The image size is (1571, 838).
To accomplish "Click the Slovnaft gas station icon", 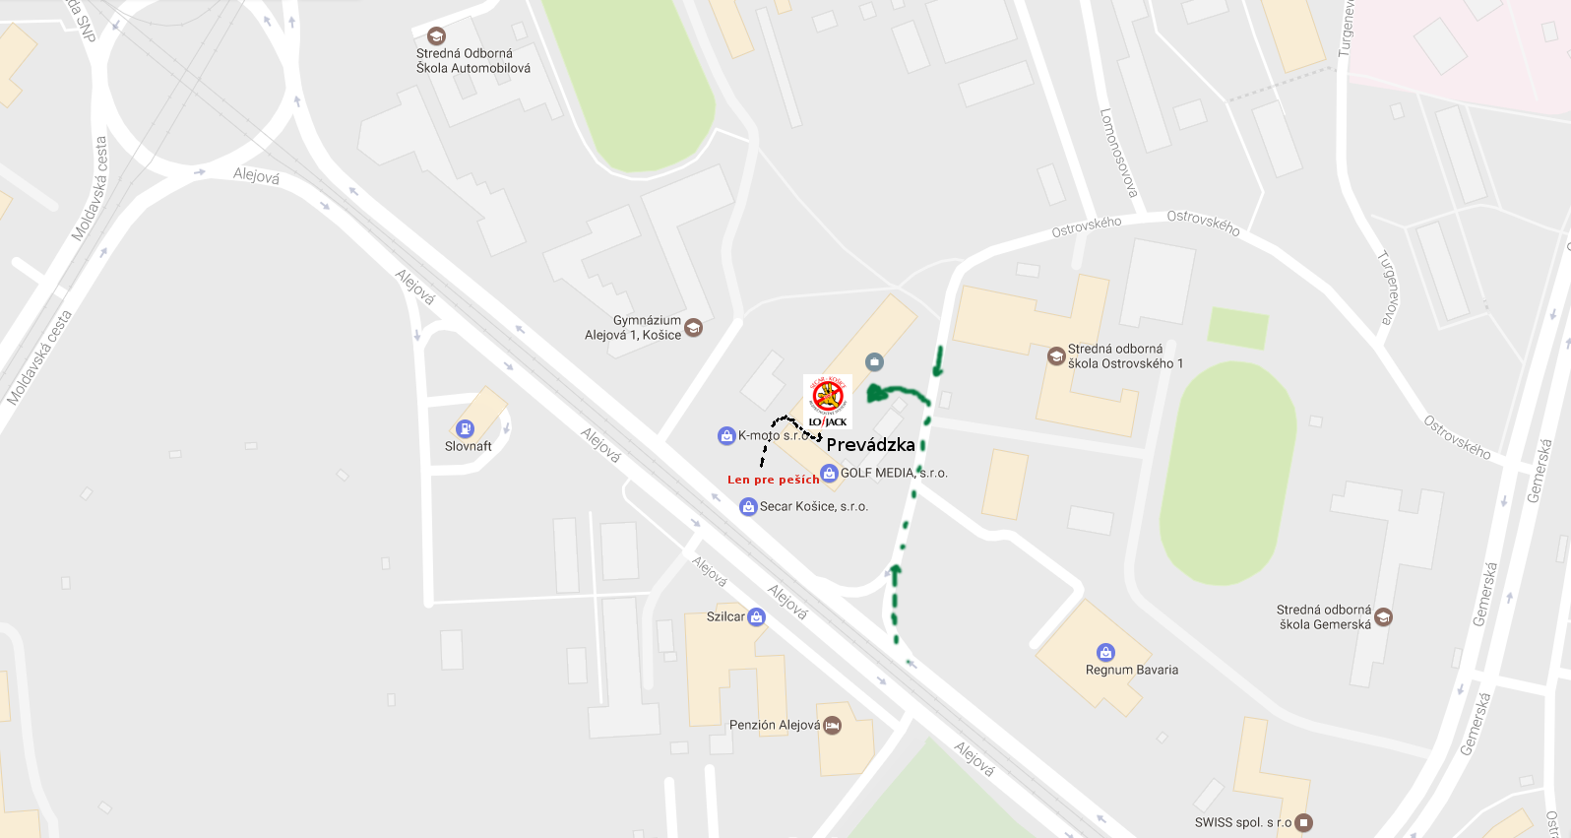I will pos(465,428).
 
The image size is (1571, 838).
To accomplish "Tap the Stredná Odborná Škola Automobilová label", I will pos(472,61).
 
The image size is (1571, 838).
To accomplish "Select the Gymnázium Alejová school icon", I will pos(694,327).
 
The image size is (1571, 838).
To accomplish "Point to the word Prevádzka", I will pos(870,445).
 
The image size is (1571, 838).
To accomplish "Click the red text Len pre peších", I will pos(773,480).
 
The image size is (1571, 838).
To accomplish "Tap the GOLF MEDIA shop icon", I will pos(829,474).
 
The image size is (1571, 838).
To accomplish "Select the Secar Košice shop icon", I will pos(748,507).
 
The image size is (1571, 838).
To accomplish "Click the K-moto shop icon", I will pos(726,435).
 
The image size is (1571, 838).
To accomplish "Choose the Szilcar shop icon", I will pos(756,617).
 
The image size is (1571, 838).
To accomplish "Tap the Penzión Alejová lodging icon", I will pos(832,726).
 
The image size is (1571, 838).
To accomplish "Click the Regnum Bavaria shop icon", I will pos(1105,652).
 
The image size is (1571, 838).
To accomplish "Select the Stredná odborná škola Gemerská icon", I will pos(1383,617).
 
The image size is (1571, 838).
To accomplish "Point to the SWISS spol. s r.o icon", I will pos(1304,822).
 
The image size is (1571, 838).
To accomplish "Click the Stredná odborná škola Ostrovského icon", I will pos(1056,356).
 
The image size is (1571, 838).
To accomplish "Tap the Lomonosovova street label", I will pos(1118,153).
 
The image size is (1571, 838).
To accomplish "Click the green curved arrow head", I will pos(874,394).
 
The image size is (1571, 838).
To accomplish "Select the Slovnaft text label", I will pos(469,446).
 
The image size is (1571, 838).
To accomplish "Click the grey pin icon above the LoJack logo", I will pos(874,362).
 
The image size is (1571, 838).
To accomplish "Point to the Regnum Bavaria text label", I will pos(1131,670).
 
